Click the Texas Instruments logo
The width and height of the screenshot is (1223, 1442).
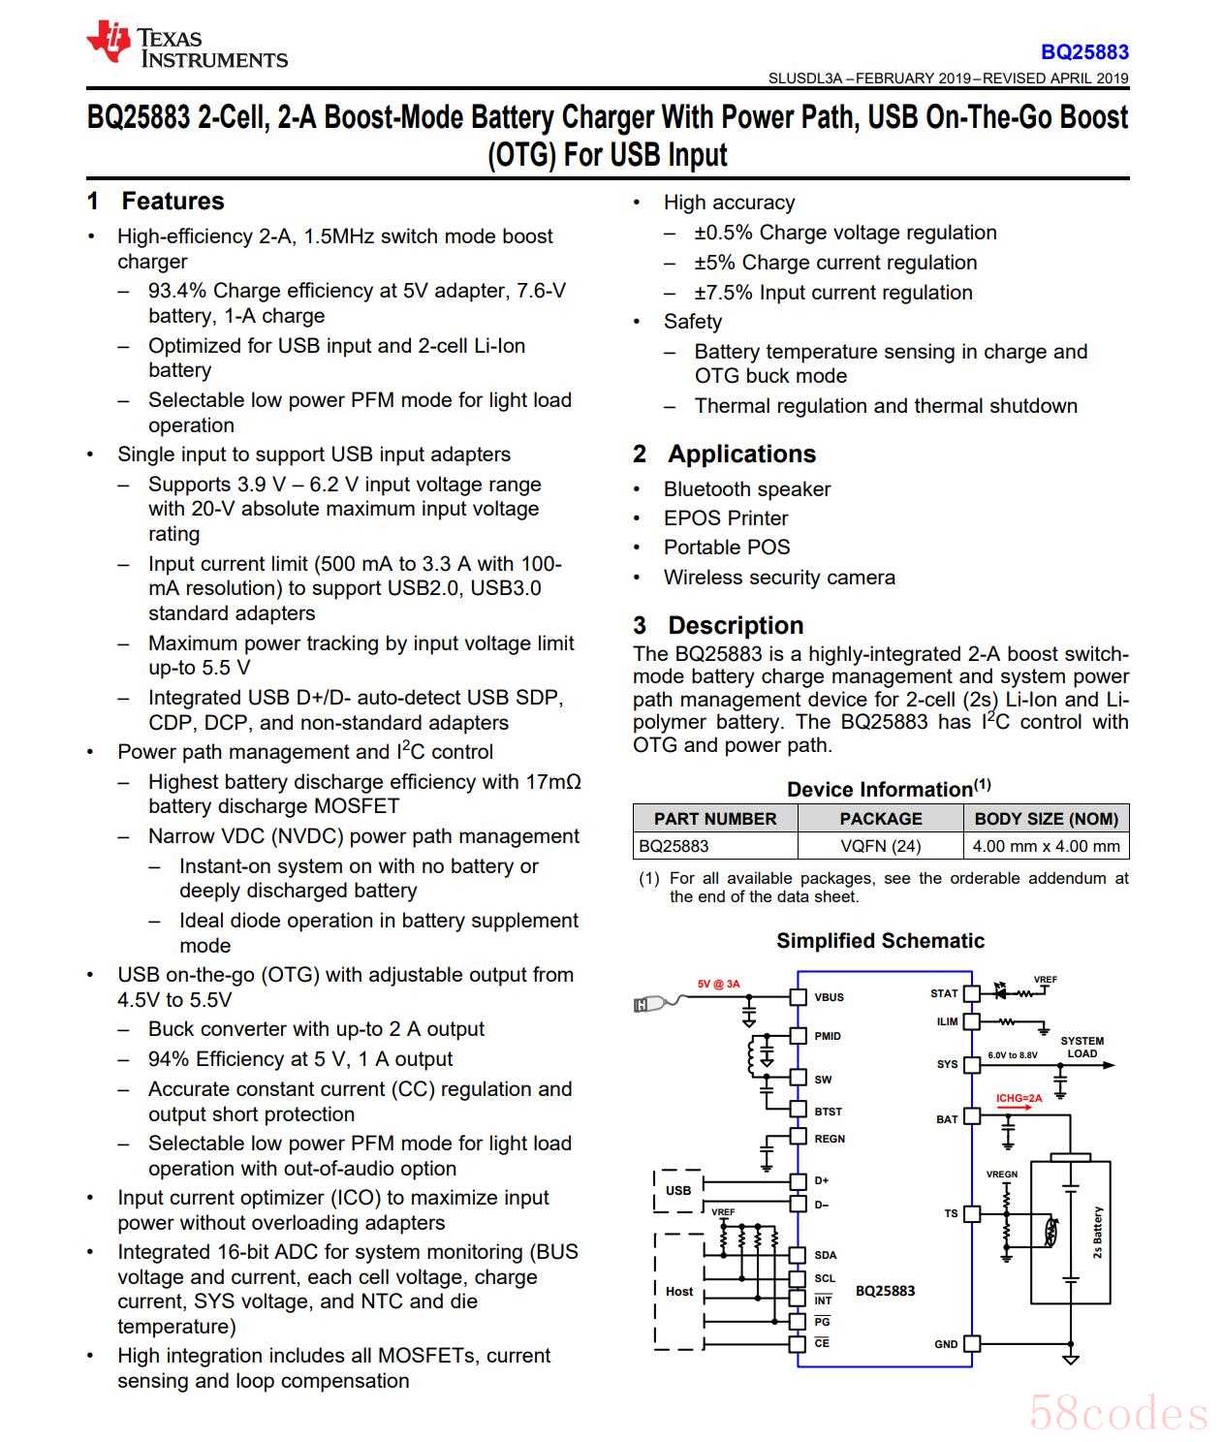click(186, 47)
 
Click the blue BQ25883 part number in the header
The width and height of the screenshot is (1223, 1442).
click(1084, 52)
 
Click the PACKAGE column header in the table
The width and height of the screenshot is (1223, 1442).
click(880, 819)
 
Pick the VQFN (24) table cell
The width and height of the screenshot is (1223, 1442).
click(880, 846)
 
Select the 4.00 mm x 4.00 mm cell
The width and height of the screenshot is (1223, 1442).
click(1046, 846)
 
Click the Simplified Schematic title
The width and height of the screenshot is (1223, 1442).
click(880, 941)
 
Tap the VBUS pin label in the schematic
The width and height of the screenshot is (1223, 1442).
click(829, 997)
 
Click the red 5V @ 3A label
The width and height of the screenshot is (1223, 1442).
click(718, 984)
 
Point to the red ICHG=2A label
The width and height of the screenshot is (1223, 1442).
click(1019, 1098)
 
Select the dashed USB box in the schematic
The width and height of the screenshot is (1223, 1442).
click(677, 1191)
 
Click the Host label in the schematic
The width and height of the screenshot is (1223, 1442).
click(679, 1291)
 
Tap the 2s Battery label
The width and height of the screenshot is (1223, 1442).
click(1097, 1232)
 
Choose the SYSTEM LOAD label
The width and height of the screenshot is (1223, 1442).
click(1082, 1048)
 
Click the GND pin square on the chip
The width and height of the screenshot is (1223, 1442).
click(971, 1343)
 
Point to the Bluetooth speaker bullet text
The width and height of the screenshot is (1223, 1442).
click(746, 489)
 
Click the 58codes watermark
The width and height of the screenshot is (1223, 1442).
click(1118, 1412)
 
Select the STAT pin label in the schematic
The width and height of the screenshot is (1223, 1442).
click(943, 993)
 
